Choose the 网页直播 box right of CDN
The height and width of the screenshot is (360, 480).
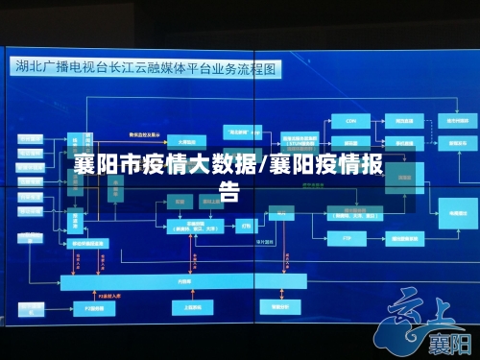(404, 121)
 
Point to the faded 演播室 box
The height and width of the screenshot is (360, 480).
(179, 203)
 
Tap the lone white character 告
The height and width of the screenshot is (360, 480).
(230, 190)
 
